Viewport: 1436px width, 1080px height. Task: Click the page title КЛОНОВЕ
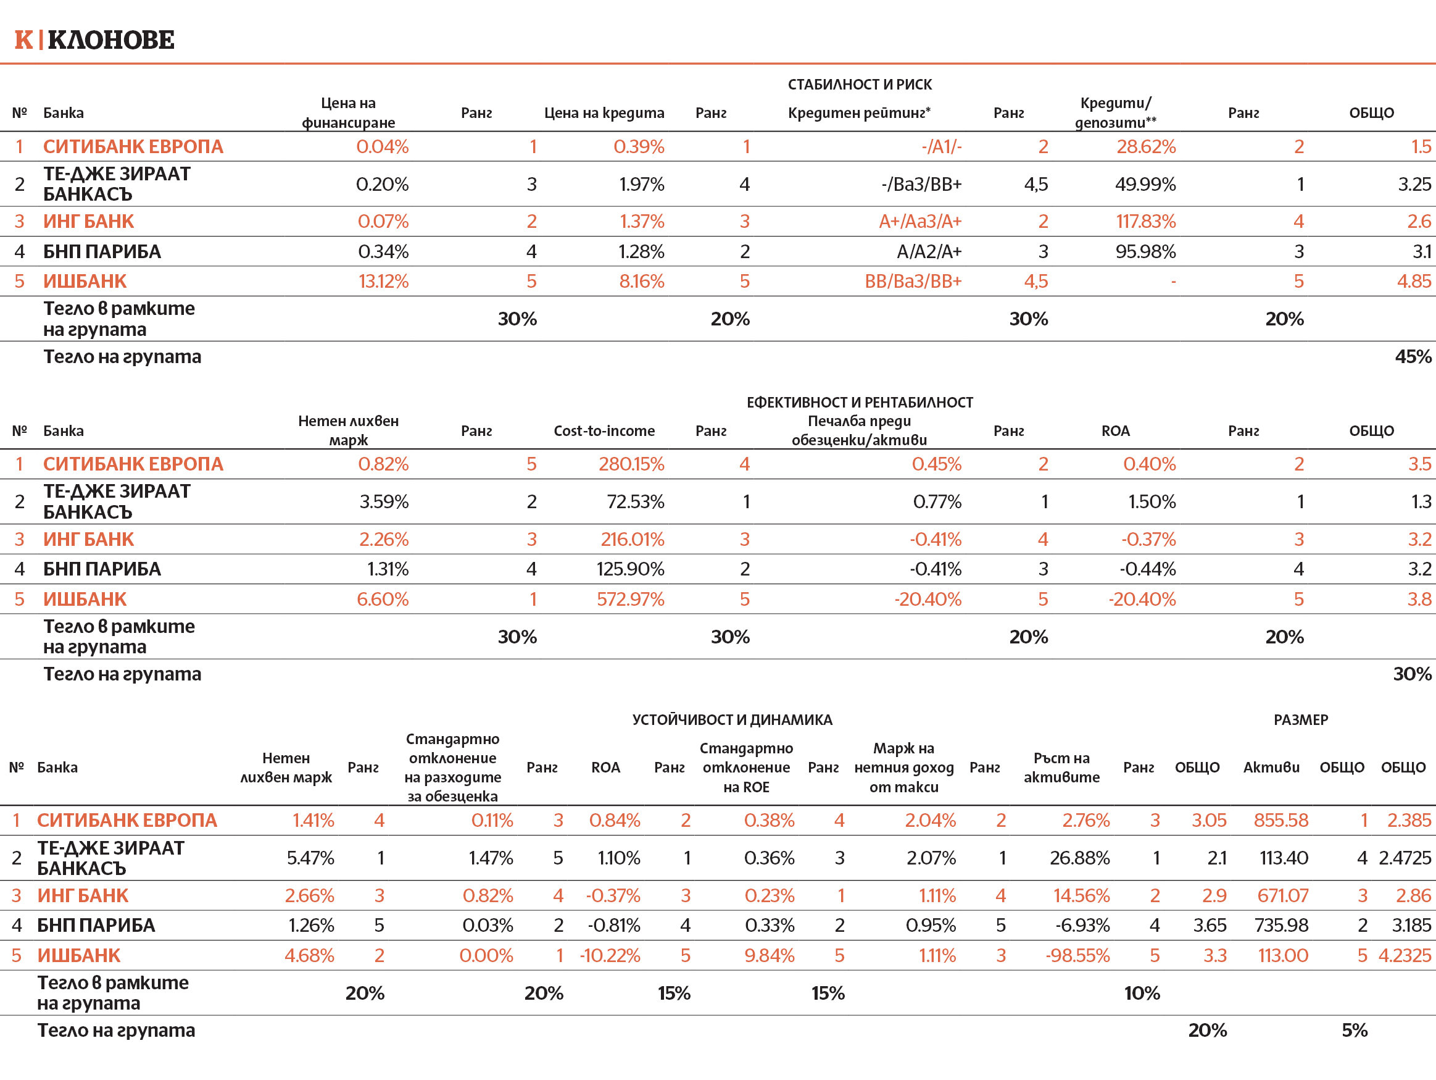click(110, 40)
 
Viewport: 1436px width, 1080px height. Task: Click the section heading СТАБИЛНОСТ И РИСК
click(860, 85)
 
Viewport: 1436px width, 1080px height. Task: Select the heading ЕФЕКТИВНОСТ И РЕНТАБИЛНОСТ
click(860, 403)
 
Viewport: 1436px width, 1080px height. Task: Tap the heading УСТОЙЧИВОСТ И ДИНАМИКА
click(732, 719)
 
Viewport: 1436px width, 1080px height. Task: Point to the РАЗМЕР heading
click(1300, 719)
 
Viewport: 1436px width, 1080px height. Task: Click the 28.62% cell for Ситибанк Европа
click(1146, 147)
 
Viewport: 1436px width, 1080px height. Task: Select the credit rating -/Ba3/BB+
click(921, 185)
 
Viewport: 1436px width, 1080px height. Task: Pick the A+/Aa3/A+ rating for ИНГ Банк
click(920, 222)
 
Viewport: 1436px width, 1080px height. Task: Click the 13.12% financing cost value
click(383, 281)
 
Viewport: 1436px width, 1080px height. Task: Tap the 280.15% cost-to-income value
click(631, 464)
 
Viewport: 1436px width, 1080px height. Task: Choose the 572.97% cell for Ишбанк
click(630, 599)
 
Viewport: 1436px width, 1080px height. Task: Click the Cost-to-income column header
click(604, 430)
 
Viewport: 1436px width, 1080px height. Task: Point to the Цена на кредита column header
click(604, 113)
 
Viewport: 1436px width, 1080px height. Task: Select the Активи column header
click(1271, 767)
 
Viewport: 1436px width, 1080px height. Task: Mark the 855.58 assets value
click(1280, 820)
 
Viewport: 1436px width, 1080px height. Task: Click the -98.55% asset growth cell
click(1077, 955)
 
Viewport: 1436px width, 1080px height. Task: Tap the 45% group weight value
click(1413, 356)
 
